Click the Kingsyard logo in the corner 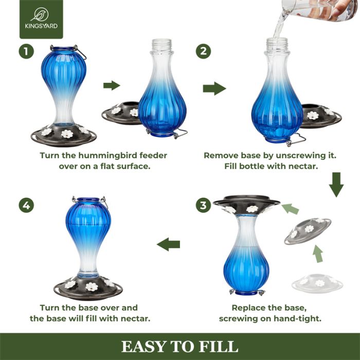click(x=41, y=20)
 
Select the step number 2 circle click(x=203, y=51)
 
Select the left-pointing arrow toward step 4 click(x=168, y=244)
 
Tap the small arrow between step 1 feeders click(x=111, y=85)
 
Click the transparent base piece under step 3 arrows click(x=318, y=283)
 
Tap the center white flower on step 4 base click(x=92, y=286)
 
